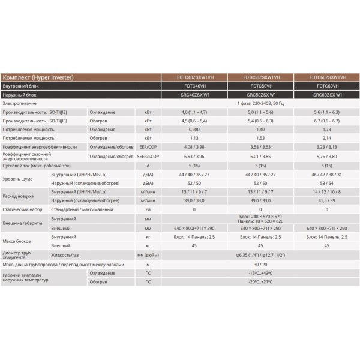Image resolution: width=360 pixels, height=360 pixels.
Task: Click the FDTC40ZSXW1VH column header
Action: (196, 77)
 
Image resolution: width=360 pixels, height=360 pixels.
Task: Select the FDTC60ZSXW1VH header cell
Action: (326, 77)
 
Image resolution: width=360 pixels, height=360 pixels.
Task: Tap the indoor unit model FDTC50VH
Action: (261, 86)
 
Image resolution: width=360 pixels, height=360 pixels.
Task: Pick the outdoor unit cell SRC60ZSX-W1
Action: (326, 95)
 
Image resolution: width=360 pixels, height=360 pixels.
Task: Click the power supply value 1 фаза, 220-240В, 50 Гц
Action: (261, 103)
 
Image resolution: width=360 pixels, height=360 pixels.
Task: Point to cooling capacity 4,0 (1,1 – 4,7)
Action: (196, 112)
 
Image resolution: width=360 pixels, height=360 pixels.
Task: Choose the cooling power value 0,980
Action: (196, 130)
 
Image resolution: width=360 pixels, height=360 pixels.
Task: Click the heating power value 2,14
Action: (326, 138)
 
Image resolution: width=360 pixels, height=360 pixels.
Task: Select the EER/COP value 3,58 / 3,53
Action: (261, 146)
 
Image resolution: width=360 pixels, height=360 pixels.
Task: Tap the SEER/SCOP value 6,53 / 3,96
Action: (196, 156)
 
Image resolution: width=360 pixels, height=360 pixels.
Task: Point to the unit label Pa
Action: (148, 210)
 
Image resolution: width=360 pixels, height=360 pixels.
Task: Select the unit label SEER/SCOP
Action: (148, 156)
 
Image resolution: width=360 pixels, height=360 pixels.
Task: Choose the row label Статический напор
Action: (24, 210)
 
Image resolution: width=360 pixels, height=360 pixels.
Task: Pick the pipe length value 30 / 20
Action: (261, 264)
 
